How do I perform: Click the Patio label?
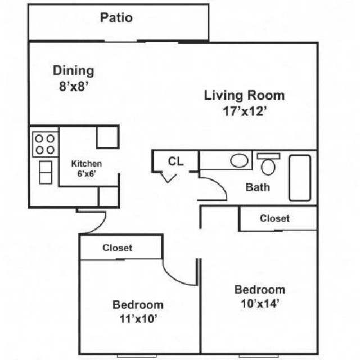click(x=116, y=17)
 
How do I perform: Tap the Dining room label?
click(x=74, y=71)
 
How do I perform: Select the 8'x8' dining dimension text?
click(x=74, y=87)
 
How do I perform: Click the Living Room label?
click(x=244, y=95)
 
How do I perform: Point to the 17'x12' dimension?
click(x=245, y=111)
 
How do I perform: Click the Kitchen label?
click(x=87, y=164)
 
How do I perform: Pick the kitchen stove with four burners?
click(x=45, y=144)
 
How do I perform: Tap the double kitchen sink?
click(x=46, y=173)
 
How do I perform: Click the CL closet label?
click(x=175, y=161)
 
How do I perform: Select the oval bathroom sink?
click(x=239, y=160)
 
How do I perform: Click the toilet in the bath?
click(x=268, y=164)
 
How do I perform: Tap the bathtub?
click(x=300, y=178)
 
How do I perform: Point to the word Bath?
click(x=258, y=187)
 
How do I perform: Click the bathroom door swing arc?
click(x=219, y=184)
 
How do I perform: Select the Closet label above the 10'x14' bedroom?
click(x=274, y=218)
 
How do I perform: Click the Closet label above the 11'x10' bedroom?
click(x=118, y=247)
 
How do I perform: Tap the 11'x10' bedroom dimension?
click(x=138, y=319)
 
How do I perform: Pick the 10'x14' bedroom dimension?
click(x=260, y=304)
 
